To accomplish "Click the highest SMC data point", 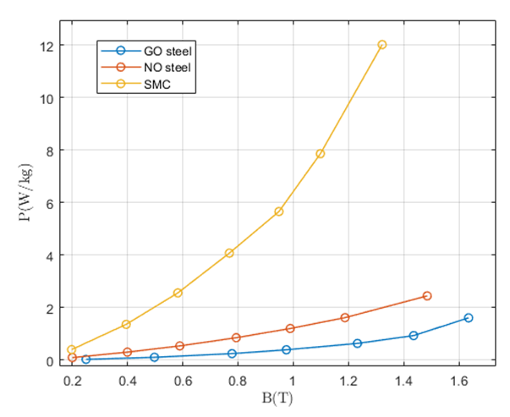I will click(382, 45).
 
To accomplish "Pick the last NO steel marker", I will click(427, 296).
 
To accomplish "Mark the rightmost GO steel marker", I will click(469, 318).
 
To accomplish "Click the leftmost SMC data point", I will click(72, 349).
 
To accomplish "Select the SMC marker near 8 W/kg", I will click(321, 154).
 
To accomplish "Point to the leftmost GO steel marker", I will click(86, 359).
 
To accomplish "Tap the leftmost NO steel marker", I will click(73, 358).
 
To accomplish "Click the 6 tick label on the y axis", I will click(54, 203).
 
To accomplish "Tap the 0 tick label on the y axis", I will click(54, 361).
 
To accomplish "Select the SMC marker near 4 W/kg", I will click(229, 253).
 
